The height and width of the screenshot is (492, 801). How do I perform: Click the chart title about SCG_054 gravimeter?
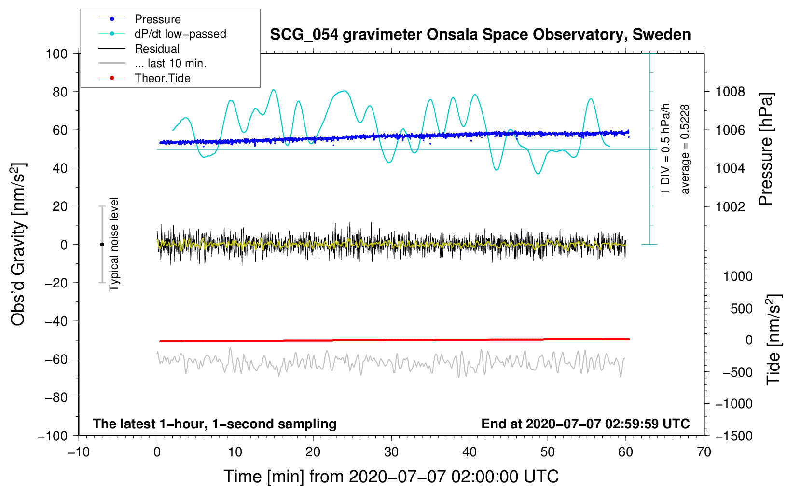[480, 35]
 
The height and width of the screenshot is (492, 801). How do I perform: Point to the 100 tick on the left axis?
[57, 54]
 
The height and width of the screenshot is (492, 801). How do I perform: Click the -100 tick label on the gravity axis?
[53, 436]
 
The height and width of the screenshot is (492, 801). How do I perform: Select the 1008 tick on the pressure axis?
[730, 92]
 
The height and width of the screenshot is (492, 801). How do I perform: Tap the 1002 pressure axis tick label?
[730, 206]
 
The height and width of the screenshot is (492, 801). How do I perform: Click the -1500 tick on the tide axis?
[734, 436]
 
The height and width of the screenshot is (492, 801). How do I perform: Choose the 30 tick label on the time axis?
[391, 452]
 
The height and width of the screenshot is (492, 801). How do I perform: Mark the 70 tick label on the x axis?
[704, 452]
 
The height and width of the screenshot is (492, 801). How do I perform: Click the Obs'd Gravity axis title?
[18, 245]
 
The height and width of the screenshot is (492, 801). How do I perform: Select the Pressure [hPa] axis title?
[766, 149]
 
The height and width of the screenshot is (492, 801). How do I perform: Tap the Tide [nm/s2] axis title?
[774, 340]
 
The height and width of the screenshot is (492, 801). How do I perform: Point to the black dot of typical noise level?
[102, 245]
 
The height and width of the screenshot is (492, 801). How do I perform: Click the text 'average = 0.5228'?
[685, 150]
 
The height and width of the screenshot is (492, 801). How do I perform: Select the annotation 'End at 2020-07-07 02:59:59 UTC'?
[585, 424]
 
